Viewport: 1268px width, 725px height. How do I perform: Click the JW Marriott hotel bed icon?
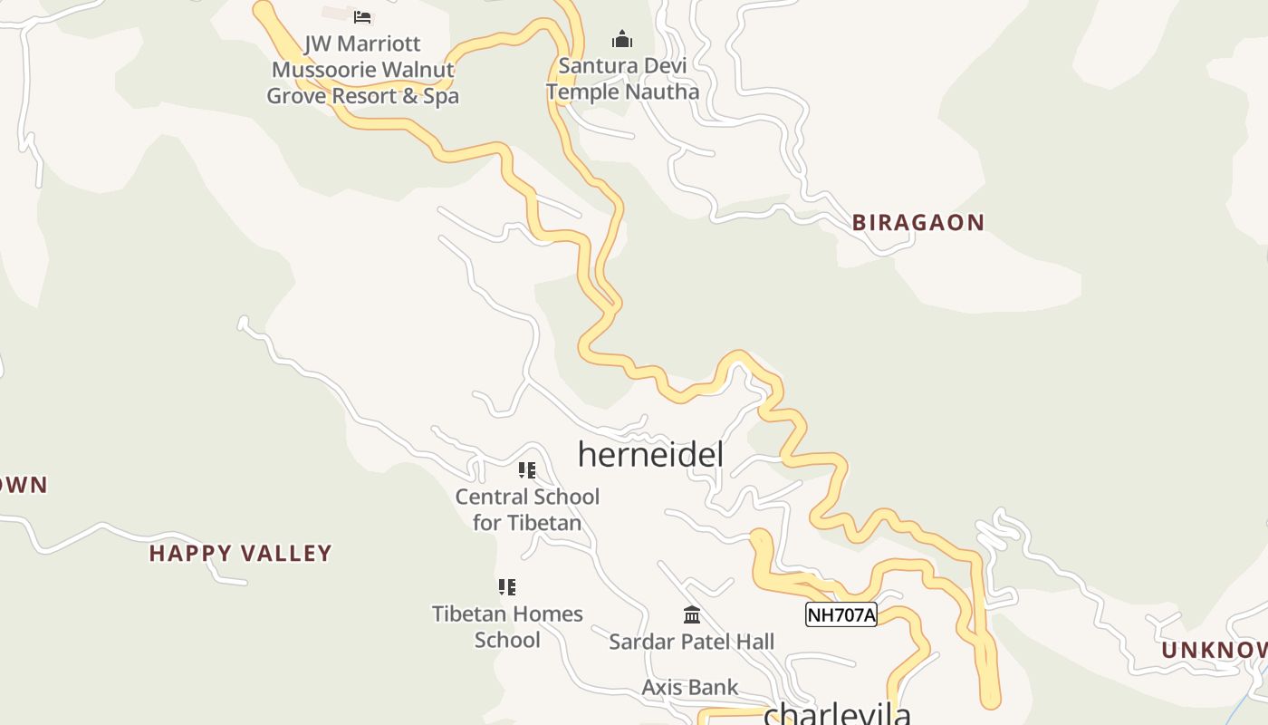coord(362,16)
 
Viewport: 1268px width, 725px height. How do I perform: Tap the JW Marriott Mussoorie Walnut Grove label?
coord(362,70)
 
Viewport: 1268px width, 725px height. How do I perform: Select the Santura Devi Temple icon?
coord(621,39)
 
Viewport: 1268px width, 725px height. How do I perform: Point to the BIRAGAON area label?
coord(917,223)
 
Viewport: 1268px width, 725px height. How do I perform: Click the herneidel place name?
coord(650,454)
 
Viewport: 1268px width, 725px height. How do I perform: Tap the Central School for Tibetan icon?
coord(527,469)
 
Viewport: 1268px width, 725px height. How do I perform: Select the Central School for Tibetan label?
coord(527,509)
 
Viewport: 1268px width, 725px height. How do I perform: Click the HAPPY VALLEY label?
coord(241,553)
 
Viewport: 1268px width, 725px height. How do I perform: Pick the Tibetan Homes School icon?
coord(507,586)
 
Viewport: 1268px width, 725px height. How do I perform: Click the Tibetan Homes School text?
coord(507,626)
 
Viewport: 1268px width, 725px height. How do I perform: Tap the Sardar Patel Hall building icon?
coord(692,614)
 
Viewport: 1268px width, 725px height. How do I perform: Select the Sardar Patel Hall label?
coord(691,642)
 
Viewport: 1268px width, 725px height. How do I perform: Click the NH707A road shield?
coord(841,614)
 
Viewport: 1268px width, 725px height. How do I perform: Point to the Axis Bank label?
coord(690,687)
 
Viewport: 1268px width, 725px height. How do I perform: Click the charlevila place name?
coord(837,714)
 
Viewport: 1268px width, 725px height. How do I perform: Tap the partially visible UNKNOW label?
coord(1214,650)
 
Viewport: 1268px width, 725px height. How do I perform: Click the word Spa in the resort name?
coord(441,96)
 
